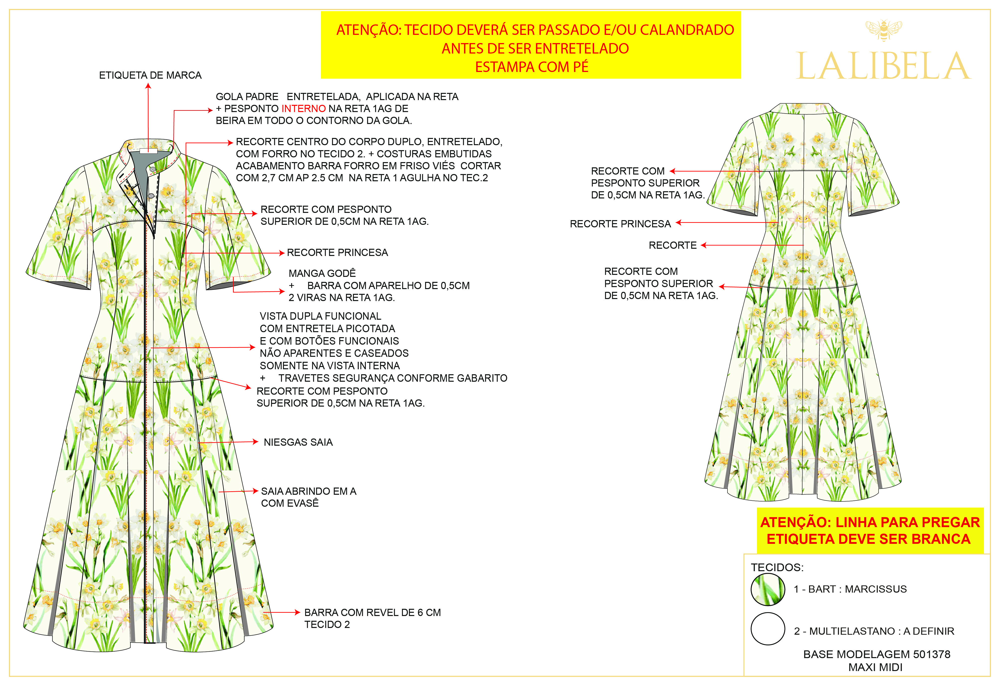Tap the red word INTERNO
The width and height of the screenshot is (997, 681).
point(303,109)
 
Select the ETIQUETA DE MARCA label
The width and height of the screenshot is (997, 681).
point(150,75)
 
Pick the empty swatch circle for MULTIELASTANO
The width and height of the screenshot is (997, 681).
point(768,629)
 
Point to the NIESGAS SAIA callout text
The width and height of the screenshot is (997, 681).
point(298,442)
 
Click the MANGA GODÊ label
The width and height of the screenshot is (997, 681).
point(322,273)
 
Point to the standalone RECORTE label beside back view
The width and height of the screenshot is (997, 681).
point(672,246)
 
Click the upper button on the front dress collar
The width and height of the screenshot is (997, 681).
point(153,170)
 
